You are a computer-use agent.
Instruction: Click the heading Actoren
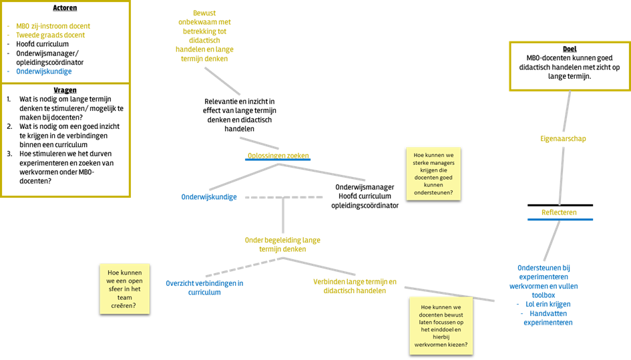coord(65,8)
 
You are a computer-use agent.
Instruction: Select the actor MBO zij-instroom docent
coord(53,26)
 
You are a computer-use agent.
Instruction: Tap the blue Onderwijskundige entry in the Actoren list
coord(44,71)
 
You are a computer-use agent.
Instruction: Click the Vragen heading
coord(65,90)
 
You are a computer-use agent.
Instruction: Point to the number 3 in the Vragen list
coord(9,154)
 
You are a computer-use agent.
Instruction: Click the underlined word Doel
coord(570,49)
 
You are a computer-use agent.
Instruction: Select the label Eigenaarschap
coord(563,138)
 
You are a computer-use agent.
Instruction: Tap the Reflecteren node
coord(559,212)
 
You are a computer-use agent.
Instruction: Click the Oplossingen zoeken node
coord(278,156)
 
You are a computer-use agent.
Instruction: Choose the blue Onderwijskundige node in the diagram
coord(209,197)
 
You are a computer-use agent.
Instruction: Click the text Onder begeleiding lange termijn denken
coord(282,244)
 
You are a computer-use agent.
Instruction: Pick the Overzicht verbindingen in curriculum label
coord(204,287)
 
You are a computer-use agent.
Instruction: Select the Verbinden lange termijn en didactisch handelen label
coord(355,286)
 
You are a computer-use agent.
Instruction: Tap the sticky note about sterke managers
coord(433,174)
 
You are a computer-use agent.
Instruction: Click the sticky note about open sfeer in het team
coord(125,289)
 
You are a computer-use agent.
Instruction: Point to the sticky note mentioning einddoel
coord(441,326)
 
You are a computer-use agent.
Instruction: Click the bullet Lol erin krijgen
coord(548,305)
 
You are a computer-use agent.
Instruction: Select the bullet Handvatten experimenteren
coord(548,318)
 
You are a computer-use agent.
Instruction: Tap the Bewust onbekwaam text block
coord(204,36)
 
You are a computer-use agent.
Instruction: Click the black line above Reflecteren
coord(560,205)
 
